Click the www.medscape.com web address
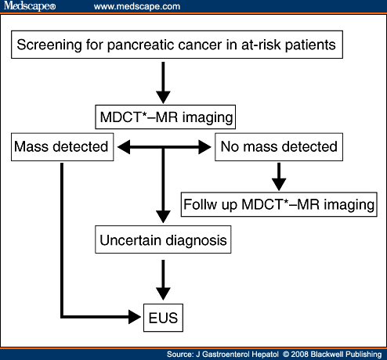tap(136, 6)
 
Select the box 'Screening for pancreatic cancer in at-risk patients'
tap(178, 45)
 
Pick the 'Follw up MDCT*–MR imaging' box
tap(280, 204)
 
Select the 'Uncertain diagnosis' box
tap(164, 241)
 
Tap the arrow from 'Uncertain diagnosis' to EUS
tap(163, 277)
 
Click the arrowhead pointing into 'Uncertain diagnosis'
tap(163, 218)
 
